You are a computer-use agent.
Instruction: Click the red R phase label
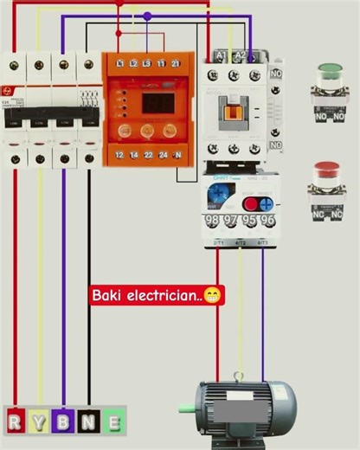(x=15, y=422)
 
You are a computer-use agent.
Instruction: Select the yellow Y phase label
(x=39, y=422)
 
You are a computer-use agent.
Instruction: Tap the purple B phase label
(x=63, y=422)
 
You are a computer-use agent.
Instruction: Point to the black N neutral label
(x=88, y=422)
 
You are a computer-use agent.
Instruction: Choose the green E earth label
(x=113, y=422)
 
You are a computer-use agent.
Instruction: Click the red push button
(x=326, y=170)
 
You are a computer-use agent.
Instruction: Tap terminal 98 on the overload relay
(x=213, y=221)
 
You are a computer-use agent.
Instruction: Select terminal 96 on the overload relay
(x=267, y=221)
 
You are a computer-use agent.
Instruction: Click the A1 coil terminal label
(x=220, y=56)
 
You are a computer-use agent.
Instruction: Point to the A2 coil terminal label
(x=241, y=56)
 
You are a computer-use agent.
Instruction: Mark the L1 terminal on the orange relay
(x=133, y=64)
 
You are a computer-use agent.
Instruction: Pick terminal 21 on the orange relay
(x=176, y=64)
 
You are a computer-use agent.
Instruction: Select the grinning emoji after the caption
(x=212, y=296)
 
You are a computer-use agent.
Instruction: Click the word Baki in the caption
(x=109, y=296)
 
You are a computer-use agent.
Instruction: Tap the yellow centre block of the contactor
(x=234, y=110)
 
